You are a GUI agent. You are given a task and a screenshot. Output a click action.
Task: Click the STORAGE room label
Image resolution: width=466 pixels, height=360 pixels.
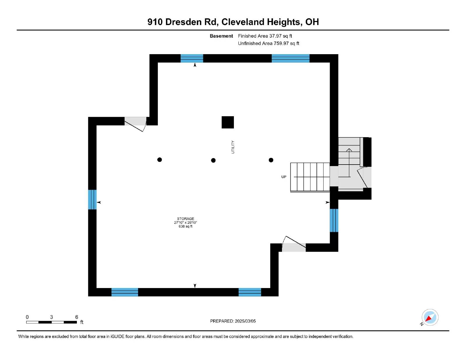185,218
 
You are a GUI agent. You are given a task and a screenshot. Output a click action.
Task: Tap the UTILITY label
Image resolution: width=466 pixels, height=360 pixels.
233,147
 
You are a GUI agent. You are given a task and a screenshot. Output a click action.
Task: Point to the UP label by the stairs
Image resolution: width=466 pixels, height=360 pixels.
283,177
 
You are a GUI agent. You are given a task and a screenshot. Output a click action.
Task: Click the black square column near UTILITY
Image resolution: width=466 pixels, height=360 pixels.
227,122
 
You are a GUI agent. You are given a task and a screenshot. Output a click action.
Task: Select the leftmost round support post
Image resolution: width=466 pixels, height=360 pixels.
159,160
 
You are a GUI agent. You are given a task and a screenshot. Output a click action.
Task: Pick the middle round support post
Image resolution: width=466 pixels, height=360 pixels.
213,160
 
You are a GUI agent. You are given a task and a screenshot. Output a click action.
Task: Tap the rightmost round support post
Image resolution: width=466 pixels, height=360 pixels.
271,160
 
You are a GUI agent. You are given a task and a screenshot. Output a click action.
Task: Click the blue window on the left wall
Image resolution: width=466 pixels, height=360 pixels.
92,200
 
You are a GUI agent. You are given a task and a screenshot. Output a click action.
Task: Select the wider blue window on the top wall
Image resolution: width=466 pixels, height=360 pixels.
290,58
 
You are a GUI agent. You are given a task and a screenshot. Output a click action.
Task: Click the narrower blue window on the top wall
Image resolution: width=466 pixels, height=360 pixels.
192,58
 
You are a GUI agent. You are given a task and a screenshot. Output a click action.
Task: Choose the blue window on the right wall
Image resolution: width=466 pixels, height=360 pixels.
334,220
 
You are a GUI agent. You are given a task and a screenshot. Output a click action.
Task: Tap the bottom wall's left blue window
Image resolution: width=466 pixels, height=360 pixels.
125,292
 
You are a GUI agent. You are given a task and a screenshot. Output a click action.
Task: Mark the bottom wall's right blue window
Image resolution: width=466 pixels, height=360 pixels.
250,292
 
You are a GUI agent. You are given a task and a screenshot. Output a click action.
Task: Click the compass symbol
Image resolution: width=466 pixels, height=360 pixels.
430,317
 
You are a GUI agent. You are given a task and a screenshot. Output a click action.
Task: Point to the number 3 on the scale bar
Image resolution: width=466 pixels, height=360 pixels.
52,317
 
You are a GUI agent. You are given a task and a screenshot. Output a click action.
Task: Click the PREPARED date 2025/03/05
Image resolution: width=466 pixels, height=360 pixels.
245,321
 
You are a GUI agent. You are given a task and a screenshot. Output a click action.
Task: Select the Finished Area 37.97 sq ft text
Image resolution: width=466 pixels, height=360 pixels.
265,36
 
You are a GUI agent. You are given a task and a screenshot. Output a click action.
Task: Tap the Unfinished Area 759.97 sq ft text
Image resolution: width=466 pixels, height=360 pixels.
269,43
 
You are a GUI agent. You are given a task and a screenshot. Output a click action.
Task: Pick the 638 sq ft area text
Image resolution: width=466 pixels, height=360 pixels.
185,226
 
